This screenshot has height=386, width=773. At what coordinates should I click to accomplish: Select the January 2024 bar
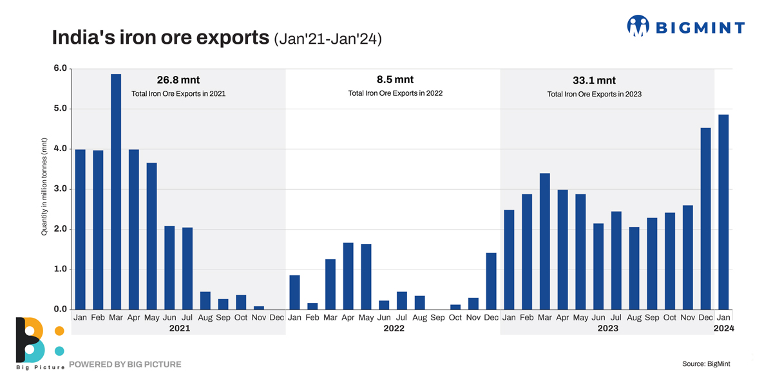point(723,212)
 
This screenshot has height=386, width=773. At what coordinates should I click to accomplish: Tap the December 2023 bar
point(706,219)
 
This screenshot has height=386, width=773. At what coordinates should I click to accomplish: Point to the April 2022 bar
point(348,276)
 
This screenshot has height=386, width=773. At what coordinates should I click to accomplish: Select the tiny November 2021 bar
point(259,308)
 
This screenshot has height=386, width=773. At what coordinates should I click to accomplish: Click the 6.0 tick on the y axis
point(61,69)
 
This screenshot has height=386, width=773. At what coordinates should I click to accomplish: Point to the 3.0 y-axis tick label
point(61,189)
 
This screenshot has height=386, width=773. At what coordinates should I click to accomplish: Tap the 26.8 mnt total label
point(178,80)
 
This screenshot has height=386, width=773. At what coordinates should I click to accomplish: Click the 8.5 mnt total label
point(395,80)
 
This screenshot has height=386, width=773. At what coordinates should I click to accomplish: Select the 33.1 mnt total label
point(594,80)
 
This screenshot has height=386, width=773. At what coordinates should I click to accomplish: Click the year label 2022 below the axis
point(394,329)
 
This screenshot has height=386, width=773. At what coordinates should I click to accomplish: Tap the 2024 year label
point(723,329)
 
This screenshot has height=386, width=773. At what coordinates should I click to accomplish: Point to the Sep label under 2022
point(437,318)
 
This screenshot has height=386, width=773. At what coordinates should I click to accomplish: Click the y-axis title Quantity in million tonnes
point(44,187)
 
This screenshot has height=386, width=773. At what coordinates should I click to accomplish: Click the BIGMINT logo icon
point(638,26)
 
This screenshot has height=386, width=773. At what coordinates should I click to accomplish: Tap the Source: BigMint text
point(706,364)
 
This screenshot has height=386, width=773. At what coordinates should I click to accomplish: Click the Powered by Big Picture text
point(125,364)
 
